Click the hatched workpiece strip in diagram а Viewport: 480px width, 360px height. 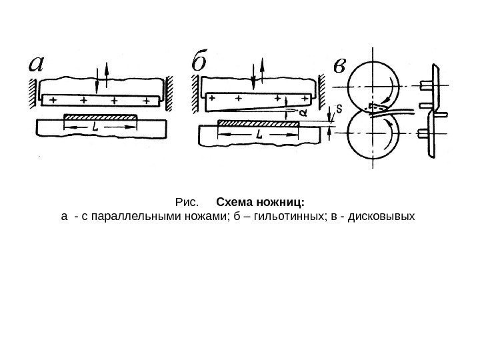(101, 117)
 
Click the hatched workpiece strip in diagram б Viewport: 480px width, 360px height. (259, 123)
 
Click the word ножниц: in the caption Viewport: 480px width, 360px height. (283, 201)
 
